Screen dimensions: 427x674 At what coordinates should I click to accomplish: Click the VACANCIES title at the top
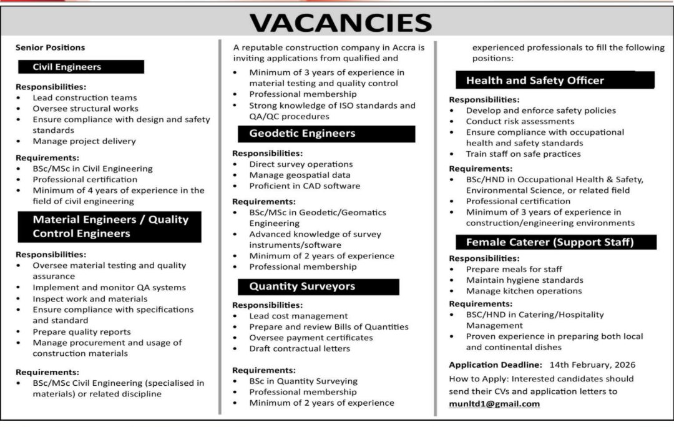340,23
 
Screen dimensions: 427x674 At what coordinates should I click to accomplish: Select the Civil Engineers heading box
80,67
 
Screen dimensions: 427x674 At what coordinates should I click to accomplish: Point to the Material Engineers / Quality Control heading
109,227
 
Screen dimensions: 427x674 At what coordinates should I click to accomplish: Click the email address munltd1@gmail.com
494,403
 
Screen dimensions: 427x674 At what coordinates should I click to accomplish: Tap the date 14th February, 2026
592,365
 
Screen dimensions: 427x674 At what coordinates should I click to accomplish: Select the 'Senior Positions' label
51,47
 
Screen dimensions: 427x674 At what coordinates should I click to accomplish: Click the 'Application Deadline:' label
496,365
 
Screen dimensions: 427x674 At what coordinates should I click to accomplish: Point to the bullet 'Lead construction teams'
85,97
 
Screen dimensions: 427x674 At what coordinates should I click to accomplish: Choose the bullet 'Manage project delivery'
84,141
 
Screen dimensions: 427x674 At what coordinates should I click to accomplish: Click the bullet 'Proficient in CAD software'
305,185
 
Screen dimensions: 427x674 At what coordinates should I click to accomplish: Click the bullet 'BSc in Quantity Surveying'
303,381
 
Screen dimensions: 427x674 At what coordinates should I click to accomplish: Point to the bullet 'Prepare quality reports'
82,331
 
